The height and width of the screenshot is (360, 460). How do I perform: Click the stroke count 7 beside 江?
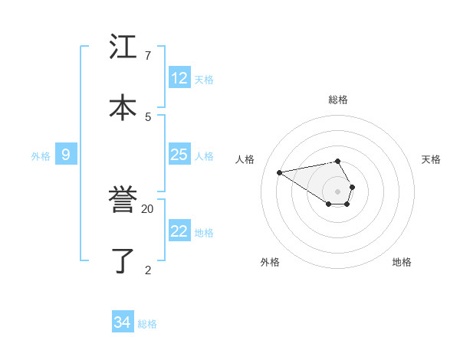[x=147, y=56]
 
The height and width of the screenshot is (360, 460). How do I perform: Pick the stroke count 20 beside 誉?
[x=147, y=208]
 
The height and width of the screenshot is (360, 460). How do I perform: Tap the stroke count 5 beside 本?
[x=147, y=116]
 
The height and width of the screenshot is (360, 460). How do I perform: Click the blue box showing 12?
[x=179, y=78]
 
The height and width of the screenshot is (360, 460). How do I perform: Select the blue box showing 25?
[x=179, y=155]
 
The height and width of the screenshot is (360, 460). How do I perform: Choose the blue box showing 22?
[x=179, y=231]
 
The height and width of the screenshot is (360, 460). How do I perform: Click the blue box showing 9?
[x=66, y=155]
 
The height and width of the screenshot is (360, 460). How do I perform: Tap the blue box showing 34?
[x=122, y=322]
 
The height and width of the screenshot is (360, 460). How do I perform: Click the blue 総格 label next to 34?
[x=147, y=324]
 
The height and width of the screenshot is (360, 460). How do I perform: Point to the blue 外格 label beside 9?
[x=41, y=156]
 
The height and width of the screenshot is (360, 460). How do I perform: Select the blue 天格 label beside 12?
[x=204, y=80]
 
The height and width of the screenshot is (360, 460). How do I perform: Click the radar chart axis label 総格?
[x=338, y=100]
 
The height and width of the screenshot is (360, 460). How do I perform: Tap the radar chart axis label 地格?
[x=402, y=262]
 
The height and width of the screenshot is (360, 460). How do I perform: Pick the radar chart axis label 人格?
[x=245, y=159]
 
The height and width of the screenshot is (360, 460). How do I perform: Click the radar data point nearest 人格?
[x=280, y=172]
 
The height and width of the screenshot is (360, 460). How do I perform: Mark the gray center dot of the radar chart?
[x=337, y=191]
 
